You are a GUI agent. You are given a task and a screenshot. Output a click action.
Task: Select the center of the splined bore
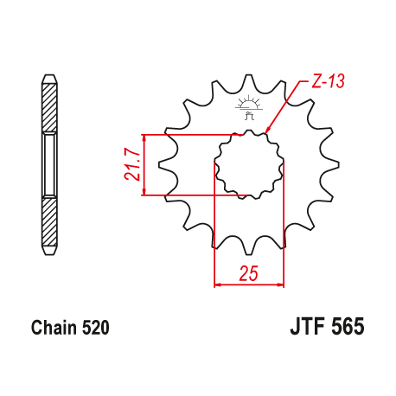[248, 164]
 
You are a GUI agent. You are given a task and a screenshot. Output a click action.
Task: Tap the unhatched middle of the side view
[49, 164]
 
